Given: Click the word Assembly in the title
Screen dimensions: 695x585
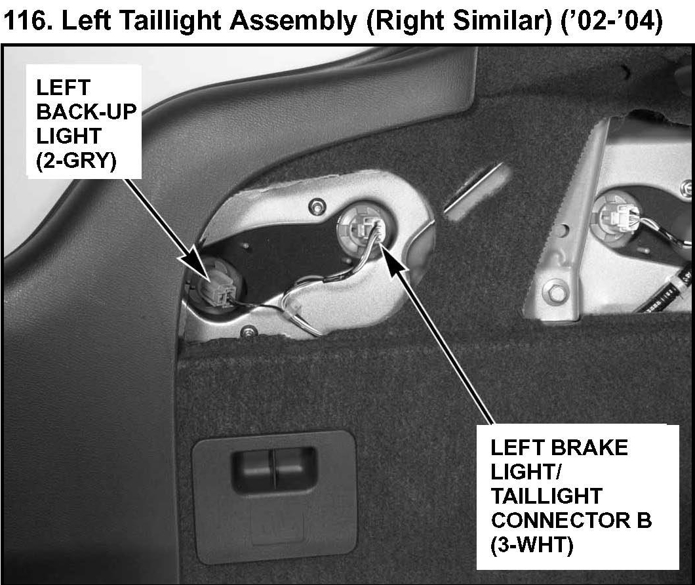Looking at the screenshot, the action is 294,21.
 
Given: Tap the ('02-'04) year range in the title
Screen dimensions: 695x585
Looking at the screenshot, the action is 612,21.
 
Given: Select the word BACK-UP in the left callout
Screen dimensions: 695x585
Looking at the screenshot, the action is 87,111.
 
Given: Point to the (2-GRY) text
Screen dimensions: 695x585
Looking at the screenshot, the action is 76,161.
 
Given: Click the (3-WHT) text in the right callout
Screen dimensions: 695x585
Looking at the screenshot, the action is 532,544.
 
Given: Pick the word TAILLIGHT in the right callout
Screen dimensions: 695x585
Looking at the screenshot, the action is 547,496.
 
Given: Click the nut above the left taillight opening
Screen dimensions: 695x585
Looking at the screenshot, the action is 317,206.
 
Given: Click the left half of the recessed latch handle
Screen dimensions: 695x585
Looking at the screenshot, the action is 253,468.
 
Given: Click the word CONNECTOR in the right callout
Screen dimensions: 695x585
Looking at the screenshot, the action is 560,520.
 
